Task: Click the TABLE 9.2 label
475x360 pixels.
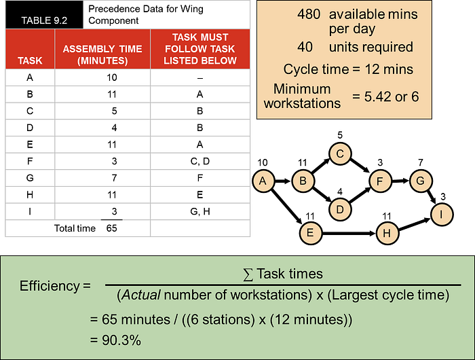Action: coord(44,20)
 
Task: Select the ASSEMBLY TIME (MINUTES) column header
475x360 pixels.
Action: coord(102,54)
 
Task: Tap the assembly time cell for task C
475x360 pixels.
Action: coord(114,111)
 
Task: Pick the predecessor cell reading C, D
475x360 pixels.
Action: coord(200,161)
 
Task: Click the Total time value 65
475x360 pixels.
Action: coord(111,228)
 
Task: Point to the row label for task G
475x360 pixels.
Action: coord(30,178)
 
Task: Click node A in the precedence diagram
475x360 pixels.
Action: coord(263,181)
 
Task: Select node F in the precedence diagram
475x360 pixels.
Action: coord(380,181)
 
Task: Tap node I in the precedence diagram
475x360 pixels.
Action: coord(442,215)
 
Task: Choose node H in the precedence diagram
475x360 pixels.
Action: coord(387,233)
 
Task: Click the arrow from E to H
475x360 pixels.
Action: coord(349,233)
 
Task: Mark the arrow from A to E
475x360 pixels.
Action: coord(287,207)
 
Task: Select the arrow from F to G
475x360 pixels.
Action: coord(400,181)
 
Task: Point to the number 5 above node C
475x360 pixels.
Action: coord(340,135)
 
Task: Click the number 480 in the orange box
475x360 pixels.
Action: coord(309,14)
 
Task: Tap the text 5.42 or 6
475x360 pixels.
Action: coord(392,96)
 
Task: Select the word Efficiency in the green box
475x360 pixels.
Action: coord(50,286)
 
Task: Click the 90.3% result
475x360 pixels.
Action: coord(121,340)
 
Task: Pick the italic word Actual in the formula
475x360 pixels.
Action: coord(140,295)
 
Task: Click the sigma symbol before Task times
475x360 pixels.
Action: coord(248,274)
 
